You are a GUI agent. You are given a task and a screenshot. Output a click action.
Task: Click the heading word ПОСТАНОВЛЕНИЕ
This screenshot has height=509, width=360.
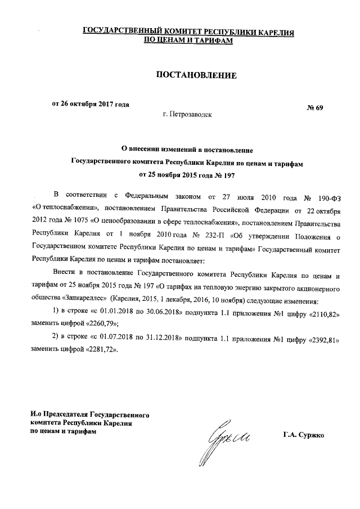pos(188,75)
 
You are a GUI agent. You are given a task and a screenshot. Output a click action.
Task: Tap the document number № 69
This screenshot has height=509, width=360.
pos(314,107)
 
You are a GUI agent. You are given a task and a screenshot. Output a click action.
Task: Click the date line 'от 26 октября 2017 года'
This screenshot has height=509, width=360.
pos(91,103)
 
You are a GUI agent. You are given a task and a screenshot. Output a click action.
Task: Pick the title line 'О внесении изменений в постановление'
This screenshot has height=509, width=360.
pos(188,150)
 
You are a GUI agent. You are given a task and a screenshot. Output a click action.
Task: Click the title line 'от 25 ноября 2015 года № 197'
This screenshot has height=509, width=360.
pos(188,175)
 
